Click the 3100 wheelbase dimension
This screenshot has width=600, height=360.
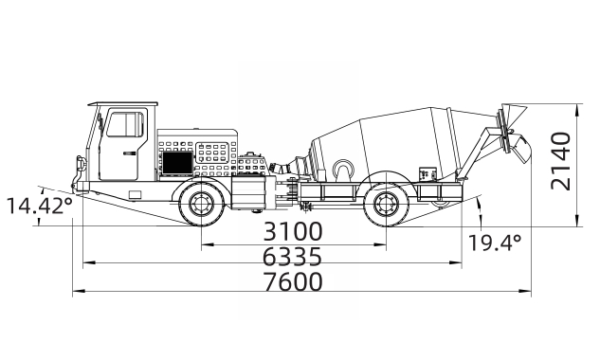(293, 231)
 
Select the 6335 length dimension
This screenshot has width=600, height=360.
(292, 257)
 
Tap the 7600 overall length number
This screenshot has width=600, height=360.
(293, 281)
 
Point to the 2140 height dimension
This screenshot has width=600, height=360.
(561, 161)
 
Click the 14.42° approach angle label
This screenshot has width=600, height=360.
(40, 206)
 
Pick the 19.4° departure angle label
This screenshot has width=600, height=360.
(495, 243)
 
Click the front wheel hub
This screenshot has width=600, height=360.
(201, 205)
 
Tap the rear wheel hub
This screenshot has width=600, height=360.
(386, 205)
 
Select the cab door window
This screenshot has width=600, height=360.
(126, 123)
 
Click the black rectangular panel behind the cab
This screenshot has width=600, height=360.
(177, 162)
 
